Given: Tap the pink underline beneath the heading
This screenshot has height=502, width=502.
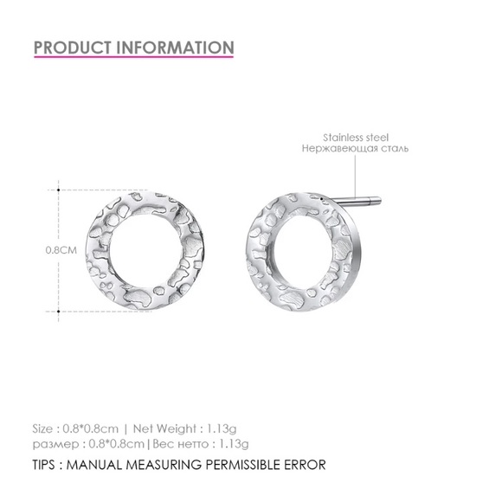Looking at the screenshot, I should [x=134, y=59].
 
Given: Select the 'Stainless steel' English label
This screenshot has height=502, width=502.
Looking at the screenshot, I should [x=356, y=138].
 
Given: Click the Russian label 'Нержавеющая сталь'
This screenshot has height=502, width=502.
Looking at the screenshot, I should [x=355, y=149].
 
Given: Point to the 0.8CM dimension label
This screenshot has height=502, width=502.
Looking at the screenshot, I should [x=61, y=250].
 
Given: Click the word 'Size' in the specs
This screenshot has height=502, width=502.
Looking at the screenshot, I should [x=46, y=427].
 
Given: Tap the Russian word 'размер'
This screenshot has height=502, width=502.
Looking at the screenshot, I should [x=54, y=443].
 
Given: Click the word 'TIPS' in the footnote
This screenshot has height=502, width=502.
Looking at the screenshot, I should [x=48, y=465].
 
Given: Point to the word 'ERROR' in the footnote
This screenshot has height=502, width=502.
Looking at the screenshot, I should [x=301, y=465].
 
